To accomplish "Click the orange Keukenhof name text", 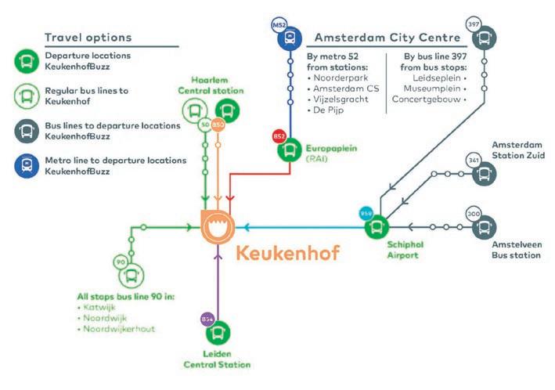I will [x=287, y=255].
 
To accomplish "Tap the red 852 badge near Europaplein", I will [x=279, y=136].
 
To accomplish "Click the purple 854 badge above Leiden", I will [x=207, y=319].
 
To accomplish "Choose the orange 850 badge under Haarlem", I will [x=218, y=125].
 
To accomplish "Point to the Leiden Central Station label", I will [x=218, y=359].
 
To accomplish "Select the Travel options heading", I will [x=88, y=38].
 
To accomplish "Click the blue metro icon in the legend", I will [x=26, y=165].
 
